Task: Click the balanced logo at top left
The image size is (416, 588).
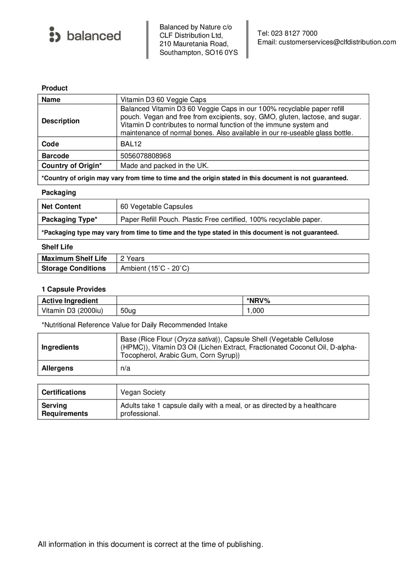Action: (x=85, y=35)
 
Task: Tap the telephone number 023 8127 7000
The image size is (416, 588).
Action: (x=294, y=33)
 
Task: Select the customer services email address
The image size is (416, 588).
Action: (x=337, y=42)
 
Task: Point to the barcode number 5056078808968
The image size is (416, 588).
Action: (x=146, y=156)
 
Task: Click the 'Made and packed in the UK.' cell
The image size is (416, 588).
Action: (x=165, y=166)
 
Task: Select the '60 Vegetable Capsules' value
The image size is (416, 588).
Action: (x=156, y=206)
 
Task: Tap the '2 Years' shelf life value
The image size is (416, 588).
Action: (x=132, y=258)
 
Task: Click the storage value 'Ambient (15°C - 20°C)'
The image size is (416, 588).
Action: (x=155, y=268)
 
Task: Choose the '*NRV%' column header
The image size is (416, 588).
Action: (x=258, y=301)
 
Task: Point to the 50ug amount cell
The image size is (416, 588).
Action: (x=128, y=310)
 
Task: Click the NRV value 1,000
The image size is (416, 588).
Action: (x=255, y=310)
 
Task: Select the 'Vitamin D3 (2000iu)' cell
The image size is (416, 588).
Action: (x=72, y=310)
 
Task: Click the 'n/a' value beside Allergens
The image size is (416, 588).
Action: (x=125, y=368)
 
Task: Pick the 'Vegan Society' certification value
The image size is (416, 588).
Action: (x=143, y=392)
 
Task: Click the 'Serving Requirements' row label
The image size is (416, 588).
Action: (x=64, y=409)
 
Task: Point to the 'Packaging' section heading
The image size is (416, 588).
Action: (x=59, y=193)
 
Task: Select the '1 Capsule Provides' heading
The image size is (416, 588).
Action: (x=74, y=289)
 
